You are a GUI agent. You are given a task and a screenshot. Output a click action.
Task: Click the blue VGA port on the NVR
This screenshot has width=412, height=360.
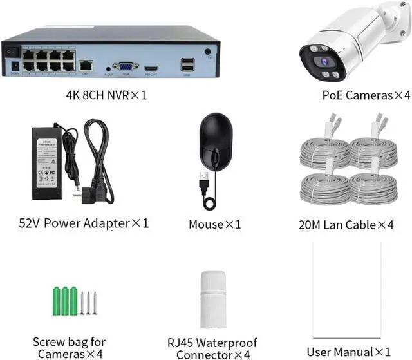(x=126, y=66)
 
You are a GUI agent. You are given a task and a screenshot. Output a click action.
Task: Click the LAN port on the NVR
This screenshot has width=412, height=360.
(x=86, y=65)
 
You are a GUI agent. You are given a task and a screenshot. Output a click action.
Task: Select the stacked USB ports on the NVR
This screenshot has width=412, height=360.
(x=186, y=64)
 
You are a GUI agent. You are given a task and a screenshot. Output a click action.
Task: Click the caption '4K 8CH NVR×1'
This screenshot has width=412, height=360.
(x=107, y=95)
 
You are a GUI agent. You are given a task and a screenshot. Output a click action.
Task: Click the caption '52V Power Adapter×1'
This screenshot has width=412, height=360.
(x=84, y=223)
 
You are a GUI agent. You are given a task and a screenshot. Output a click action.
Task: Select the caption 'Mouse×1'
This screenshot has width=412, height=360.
(x=214, y=224)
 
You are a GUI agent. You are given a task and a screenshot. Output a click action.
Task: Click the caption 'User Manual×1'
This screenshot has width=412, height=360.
(x=348, y=352)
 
